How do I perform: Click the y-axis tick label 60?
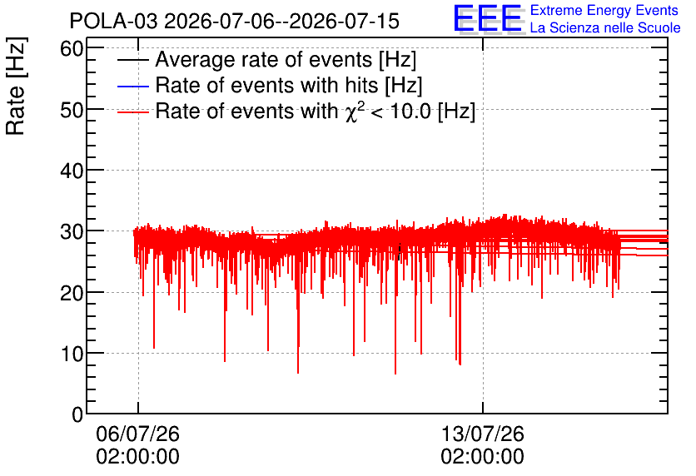point(72,49)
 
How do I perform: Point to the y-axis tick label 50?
point(72,110)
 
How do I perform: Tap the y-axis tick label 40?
point(72,171)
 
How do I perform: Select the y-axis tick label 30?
point(72,232)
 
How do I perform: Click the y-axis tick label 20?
point(72,293)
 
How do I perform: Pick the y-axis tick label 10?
point(72,354)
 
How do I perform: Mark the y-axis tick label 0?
point(77,414)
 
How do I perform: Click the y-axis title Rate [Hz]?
point(16,87)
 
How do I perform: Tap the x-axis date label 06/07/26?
point(137,434)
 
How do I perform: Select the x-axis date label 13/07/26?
point(483,434)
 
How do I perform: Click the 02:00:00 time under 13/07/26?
point(483,457)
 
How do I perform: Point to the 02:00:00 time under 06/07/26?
point(137,457)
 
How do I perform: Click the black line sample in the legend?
point(132,60)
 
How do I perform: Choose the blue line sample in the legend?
point(132,86)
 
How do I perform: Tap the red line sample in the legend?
point(132,112)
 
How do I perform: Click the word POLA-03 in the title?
point(113,22)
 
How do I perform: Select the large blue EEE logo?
point(488,18)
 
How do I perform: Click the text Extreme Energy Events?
point(604,10)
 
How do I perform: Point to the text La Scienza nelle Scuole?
point(605,28)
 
